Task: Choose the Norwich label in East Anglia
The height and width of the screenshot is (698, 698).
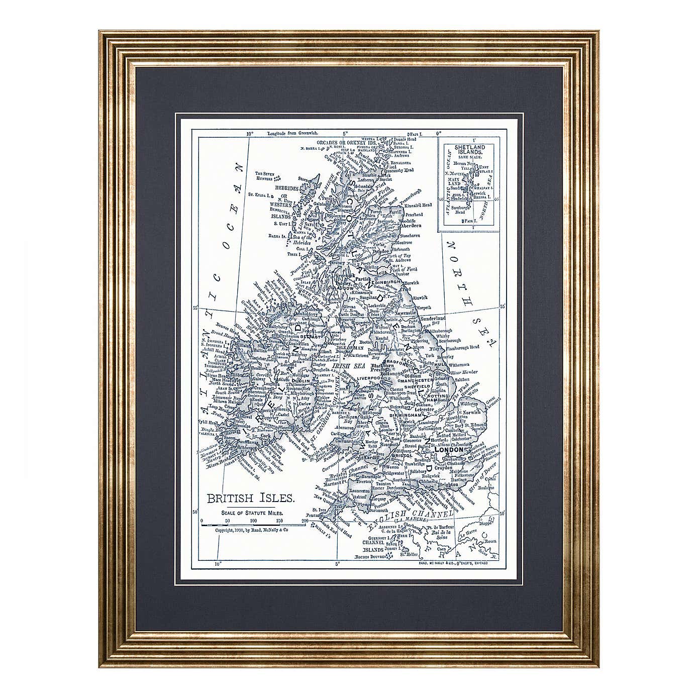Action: (472, 413)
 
